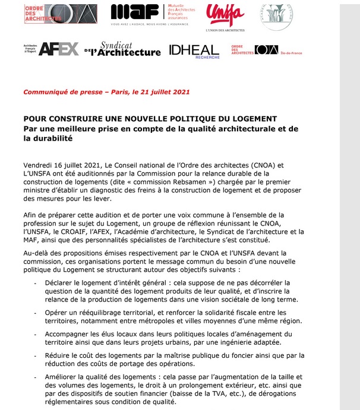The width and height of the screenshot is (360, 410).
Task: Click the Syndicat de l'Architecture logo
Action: pyautogui.click(x=124, y=49)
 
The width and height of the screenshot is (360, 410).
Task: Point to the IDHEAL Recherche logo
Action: pyautogui.click(x=194, y=51)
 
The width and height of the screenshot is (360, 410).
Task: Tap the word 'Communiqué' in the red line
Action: pyautogui.click(x=46, y=92)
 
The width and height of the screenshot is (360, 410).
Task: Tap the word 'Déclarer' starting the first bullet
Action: pyautogui.click(x=61, y=282)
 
